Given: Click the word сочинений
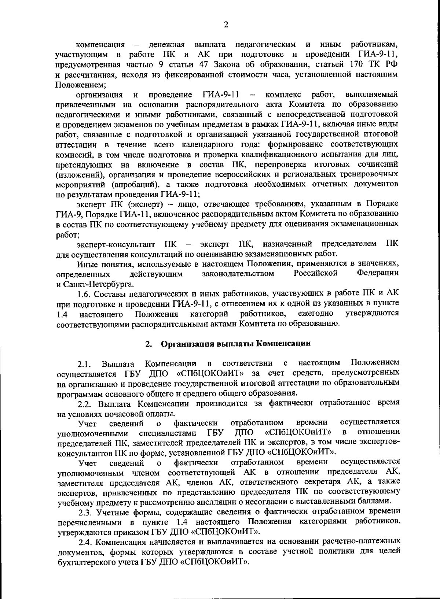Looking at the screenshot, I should click(x=379, y=164).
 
